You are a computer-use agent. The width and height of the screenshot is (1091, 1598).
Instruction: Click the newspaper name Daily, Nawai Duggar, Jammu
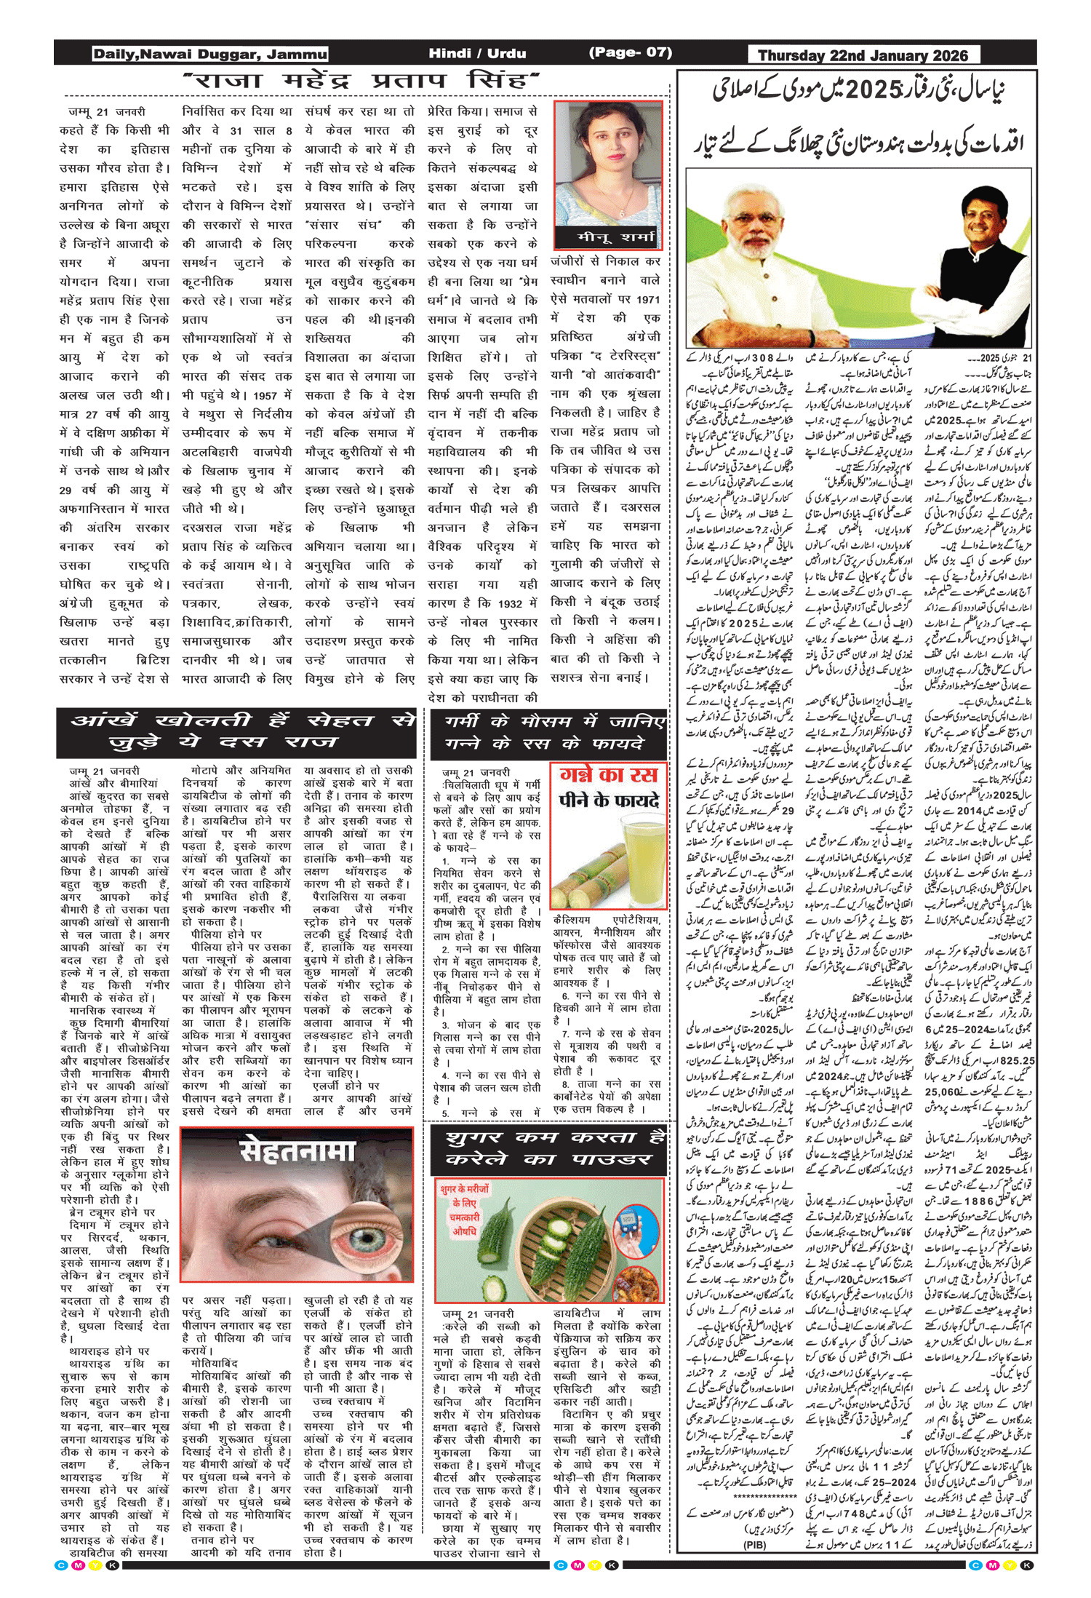pyautogui.click(x=209, y=54)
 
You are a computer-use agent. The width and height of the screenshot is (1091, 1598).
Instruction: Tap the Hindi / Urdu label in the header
pyautogui.click(x=477, y=53)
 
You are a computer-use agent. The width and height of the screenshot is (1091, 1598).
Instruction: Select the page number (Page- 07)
pyautogui.click(x=630, y=52)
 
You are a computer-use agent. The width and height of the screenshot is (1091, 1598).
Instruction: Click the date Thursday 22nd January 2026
pyautogui.click(x=863, y=55)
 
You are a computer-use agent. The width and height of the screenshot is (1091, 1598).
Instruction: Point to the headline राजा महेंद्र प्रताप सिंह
pyautogui.click(x=361, y=80)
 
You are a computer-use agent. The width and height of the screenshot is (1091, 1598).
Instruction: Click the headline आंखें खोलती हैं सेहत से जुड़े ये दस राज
pyautogui.click(x=237, y=731)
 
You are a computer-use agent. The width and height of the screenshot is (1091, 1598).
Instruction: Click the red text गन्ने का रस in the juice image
pyautogui.click(x=609, y=774)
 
